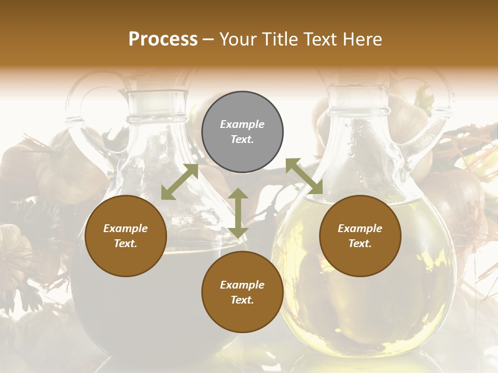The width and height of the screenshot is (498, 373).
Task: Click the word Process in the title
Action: (163, 39)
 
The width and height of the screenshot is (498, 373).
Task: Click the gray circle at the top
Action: (242, 132)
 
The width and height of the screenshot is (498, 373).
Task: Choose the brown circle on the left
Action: (126, 236)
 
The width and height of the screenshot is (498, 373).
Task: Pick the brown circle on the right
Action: (360, 236)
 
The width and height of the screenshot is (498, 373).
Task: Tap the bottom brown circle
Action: (242, 292)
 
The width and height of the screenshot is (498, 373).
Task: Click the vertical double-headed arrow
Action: (238, 213)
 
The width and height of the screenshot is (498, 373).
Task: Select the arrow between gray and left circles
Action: (179, 182)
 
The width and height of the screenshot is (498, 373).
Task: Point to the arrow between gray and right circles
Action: (304, 176)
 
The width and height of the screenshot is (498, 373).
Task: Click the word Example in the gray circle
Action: (242, 124)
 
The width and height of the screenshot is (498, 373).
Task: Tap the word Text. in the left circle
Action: (126, 243)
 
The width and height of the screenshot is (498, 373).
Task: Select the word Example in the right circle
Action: (360, 228)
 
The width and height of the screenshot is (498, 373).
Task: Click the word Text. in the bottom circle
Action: (242, 300)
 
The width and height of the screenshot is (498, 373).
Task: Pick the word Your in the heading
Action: (237, 39)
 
